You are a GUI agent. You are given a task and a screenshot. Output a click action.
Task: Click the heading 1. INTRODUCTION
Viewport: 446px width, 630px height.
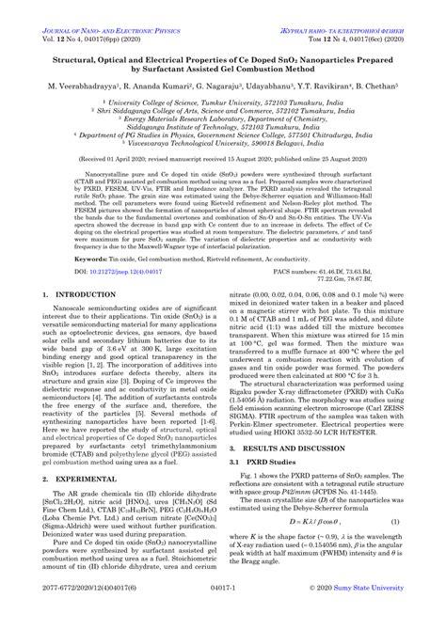pyautogui.click(x=75, y=322)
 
